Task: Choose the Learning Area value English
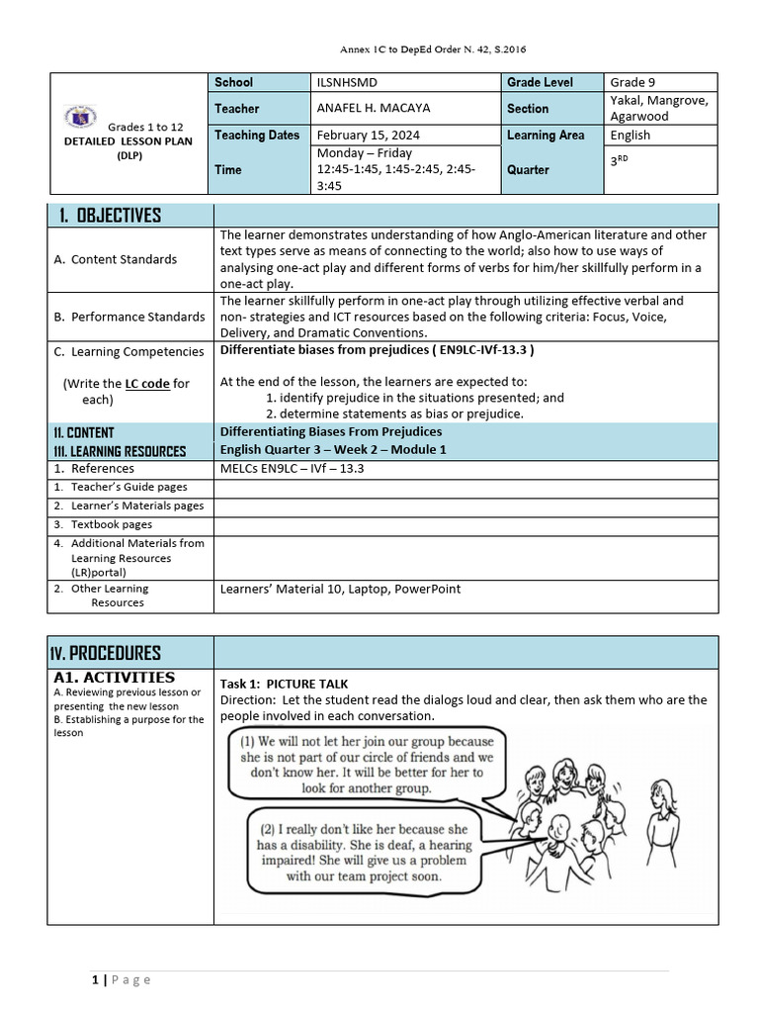631,136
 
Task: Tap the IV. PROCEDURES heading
106,653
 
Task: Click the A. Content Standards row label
116,259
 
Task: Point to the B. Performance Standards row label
129,317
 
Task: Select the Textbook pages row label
111,524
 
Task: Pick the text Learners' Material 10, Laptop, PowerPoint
340,589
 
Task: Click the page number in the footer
95,979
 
